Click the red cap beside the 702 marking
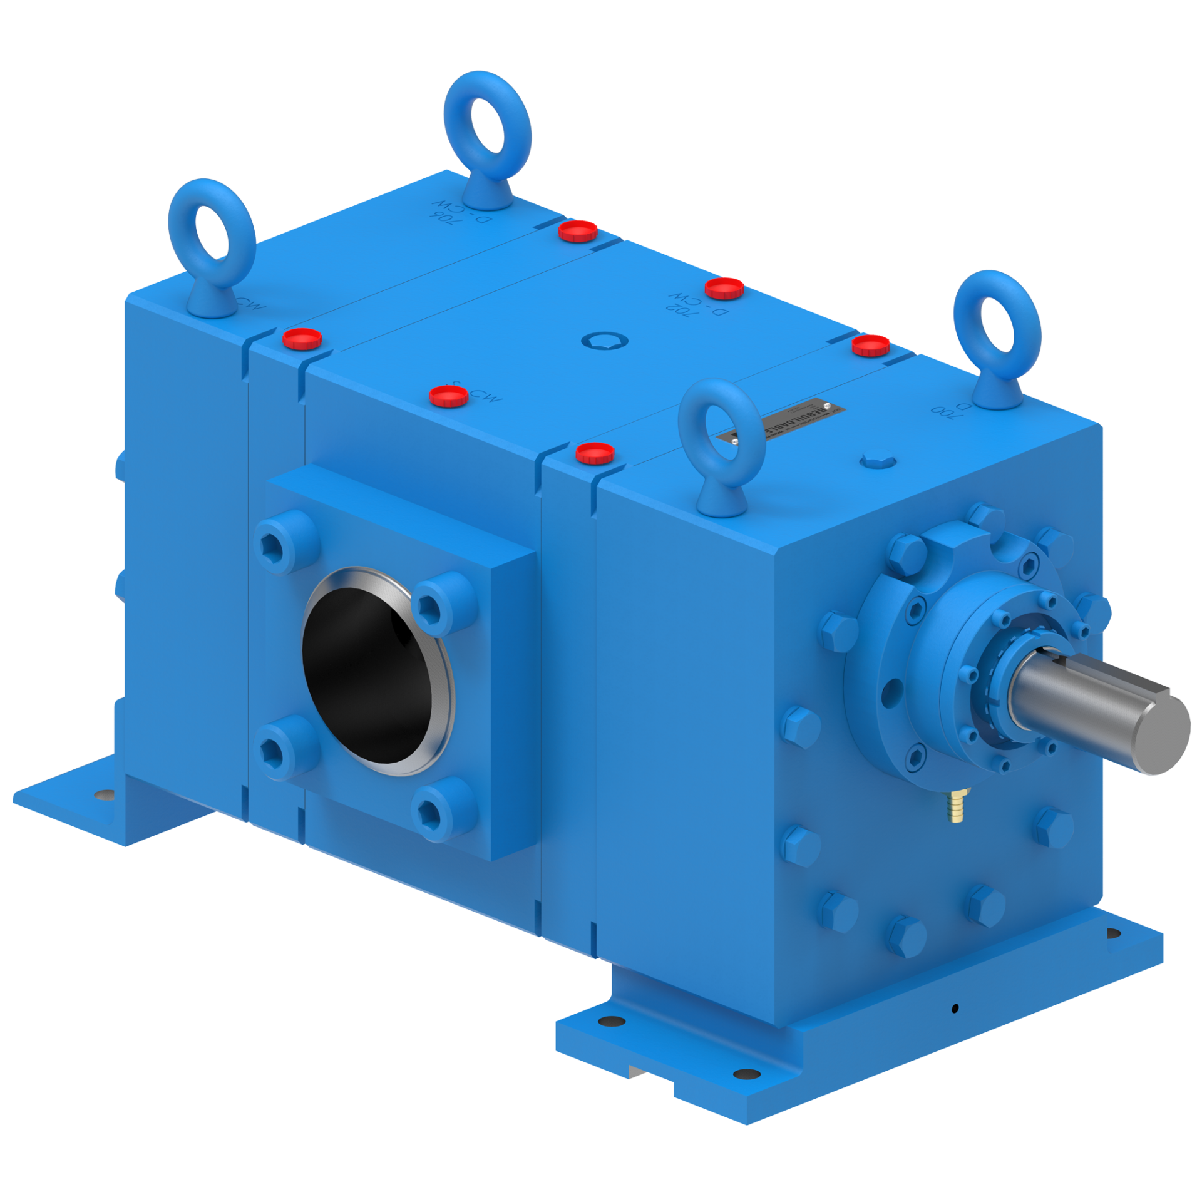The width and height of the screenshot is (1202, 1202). pyautogui.click(x=724, y=289)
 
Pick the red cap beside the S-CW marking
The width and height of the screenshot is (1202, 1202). pyautogui.click(x=449, y=396)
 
